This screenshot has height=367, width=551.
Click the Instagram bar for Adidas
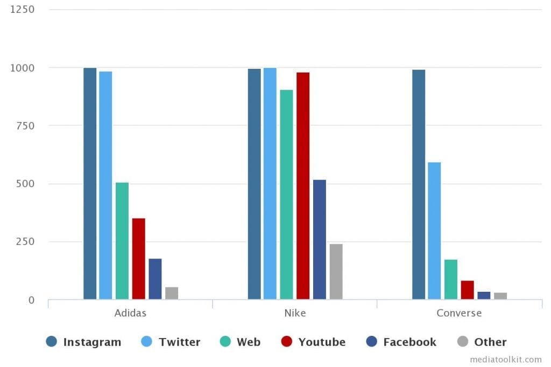[x=90, y=183]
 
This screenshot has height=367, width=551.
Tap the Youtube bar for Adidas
[x=138, y=258]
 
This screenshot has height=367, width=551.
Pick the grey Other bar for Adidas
[x=172, y=293]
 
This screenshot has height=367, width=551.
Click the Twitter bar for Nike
[x=270, y=183]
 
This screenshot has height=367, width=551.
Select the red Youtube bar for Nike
[x=303, y=185]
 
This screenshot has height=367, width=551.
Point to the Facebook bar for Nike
[x=320, y=239]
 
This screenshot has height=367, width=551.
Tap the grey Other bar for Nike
[x=336, y=271]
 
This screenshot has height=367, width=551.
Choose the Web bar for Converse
[x=451, y=279]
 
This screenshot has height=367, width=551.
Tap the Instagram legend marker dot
[x=52, y=342]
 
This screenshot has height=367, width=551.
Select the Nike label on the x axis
[x=295, y=313]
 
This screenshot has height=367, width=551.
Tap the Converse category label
[x=459, y=313]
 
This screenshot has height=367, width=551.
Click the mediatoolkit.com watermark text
[x=506, y=359]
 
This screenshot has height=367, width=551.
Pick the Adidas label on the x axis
[x=130, y=313]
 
